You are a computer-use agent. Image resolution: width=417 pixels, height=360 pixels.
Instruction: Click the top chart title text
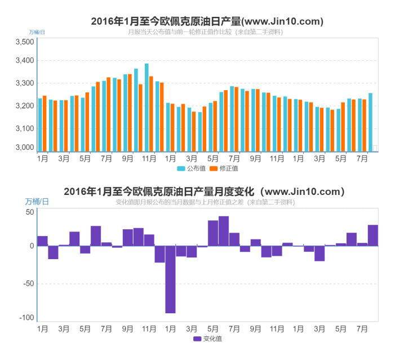point(207,21)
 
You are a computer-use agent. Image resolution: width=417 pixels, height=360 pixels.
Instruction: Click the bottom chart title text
point(204,192)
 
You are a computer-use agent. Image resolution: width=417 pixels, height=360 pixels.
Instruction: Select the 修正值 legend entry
point(224,168)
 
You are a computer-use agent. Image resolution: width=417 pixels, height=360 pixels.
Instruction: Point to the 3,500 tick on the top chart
point(25,42)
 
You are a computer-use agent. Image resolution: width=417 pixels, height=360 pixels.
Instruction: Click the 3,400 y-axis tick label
point(25,61)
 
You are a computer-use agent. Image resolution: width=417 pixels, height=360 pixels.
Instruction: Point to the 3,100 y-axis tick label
point(25,128)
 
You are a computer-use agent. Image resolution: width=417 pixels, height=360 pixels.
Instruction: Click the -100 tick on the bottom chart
point(26,318)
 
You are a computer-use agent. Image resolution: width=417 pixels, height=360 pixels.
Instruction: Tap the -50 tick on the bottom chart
point(28,283)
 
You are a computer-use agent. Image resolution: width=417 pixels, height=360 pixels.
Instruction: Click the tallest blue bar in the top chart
point(147,107)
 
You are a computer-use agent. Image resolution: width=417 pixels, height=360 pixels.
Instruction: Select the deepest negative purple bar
point(170,279)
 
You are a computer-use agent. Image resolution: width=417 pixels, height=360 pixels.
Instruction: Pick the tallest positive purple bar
point(224,231)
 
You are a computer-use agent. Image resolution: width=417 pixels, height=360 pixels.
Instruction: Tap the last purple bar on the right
point(372,235)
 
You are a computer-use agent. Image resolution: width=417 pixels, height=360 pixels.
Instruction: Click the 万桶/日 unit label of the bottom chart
point(37,201)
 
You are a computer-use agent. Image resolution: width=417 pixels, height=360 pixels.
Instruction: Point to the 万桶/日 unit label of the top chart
point(37,32)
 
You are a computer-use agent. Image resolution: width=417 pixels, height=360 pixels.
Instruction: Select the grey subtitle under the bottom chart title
point(205,202)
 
